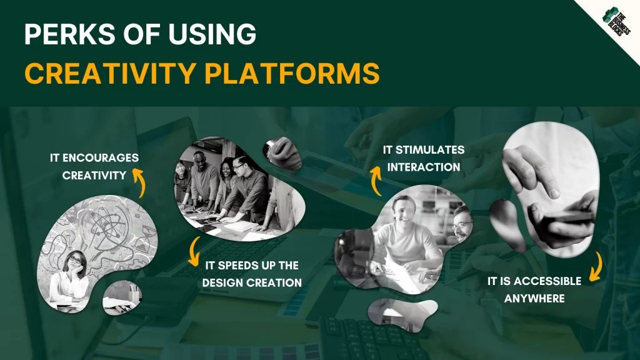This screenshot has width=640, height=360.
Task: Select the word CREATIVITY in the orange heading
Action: (110, 73)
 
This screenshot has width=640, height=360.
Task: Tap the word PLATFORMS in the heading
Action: (292, 73)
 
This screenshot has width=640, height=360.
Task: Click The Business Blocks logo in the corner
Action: (616, 22)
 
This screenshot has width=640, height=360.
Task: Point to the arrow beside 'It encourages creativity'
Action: (140, 183)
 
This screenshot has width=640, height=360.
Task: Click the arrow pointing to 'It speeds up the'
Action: (195, 251)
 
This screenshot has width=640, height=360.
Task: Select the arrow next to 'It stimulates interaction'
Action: (376, 180)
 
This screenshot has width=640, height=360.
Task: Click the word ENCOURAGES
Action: (101, 158)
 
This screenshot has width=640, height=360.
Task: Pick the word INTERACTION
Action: (424, 167)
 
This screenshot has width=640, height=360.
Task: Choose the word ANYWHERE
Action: (534, 299)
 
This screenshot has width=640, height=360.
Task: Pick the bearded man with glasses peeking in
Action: (462, 223)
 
